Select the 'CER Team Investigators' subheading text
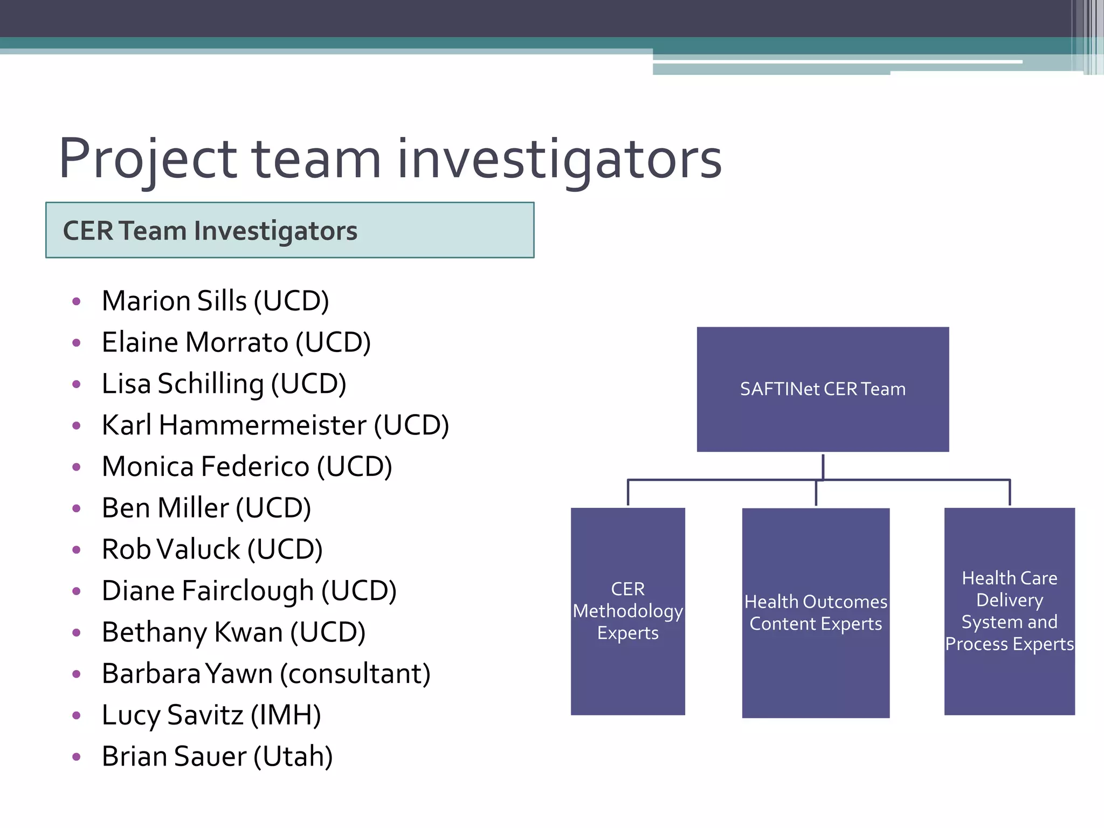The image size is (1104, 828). coord(210,231)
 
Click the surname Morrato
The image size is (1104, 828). coord(237,342)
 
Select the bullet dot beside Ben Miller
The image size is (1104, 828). coord(77,508)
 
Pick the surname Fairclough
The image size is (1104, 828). coord(248,591)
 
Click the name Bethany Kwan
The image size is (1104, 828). coord(192,632)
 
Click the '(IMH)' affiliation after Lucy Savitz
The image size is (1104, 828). coord(286,715)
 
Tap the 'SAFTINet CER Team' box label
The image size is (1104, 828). coord(823,389)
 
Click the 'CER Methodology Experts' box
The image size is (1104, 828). coord(627,611)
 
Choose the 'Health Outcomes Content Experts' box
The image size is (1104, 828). coord(816,612)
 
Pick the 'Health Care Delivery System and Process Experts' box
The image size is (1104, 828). coord(1009,611)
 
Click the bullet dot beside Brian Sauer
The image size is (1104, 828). coord(77,757)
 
